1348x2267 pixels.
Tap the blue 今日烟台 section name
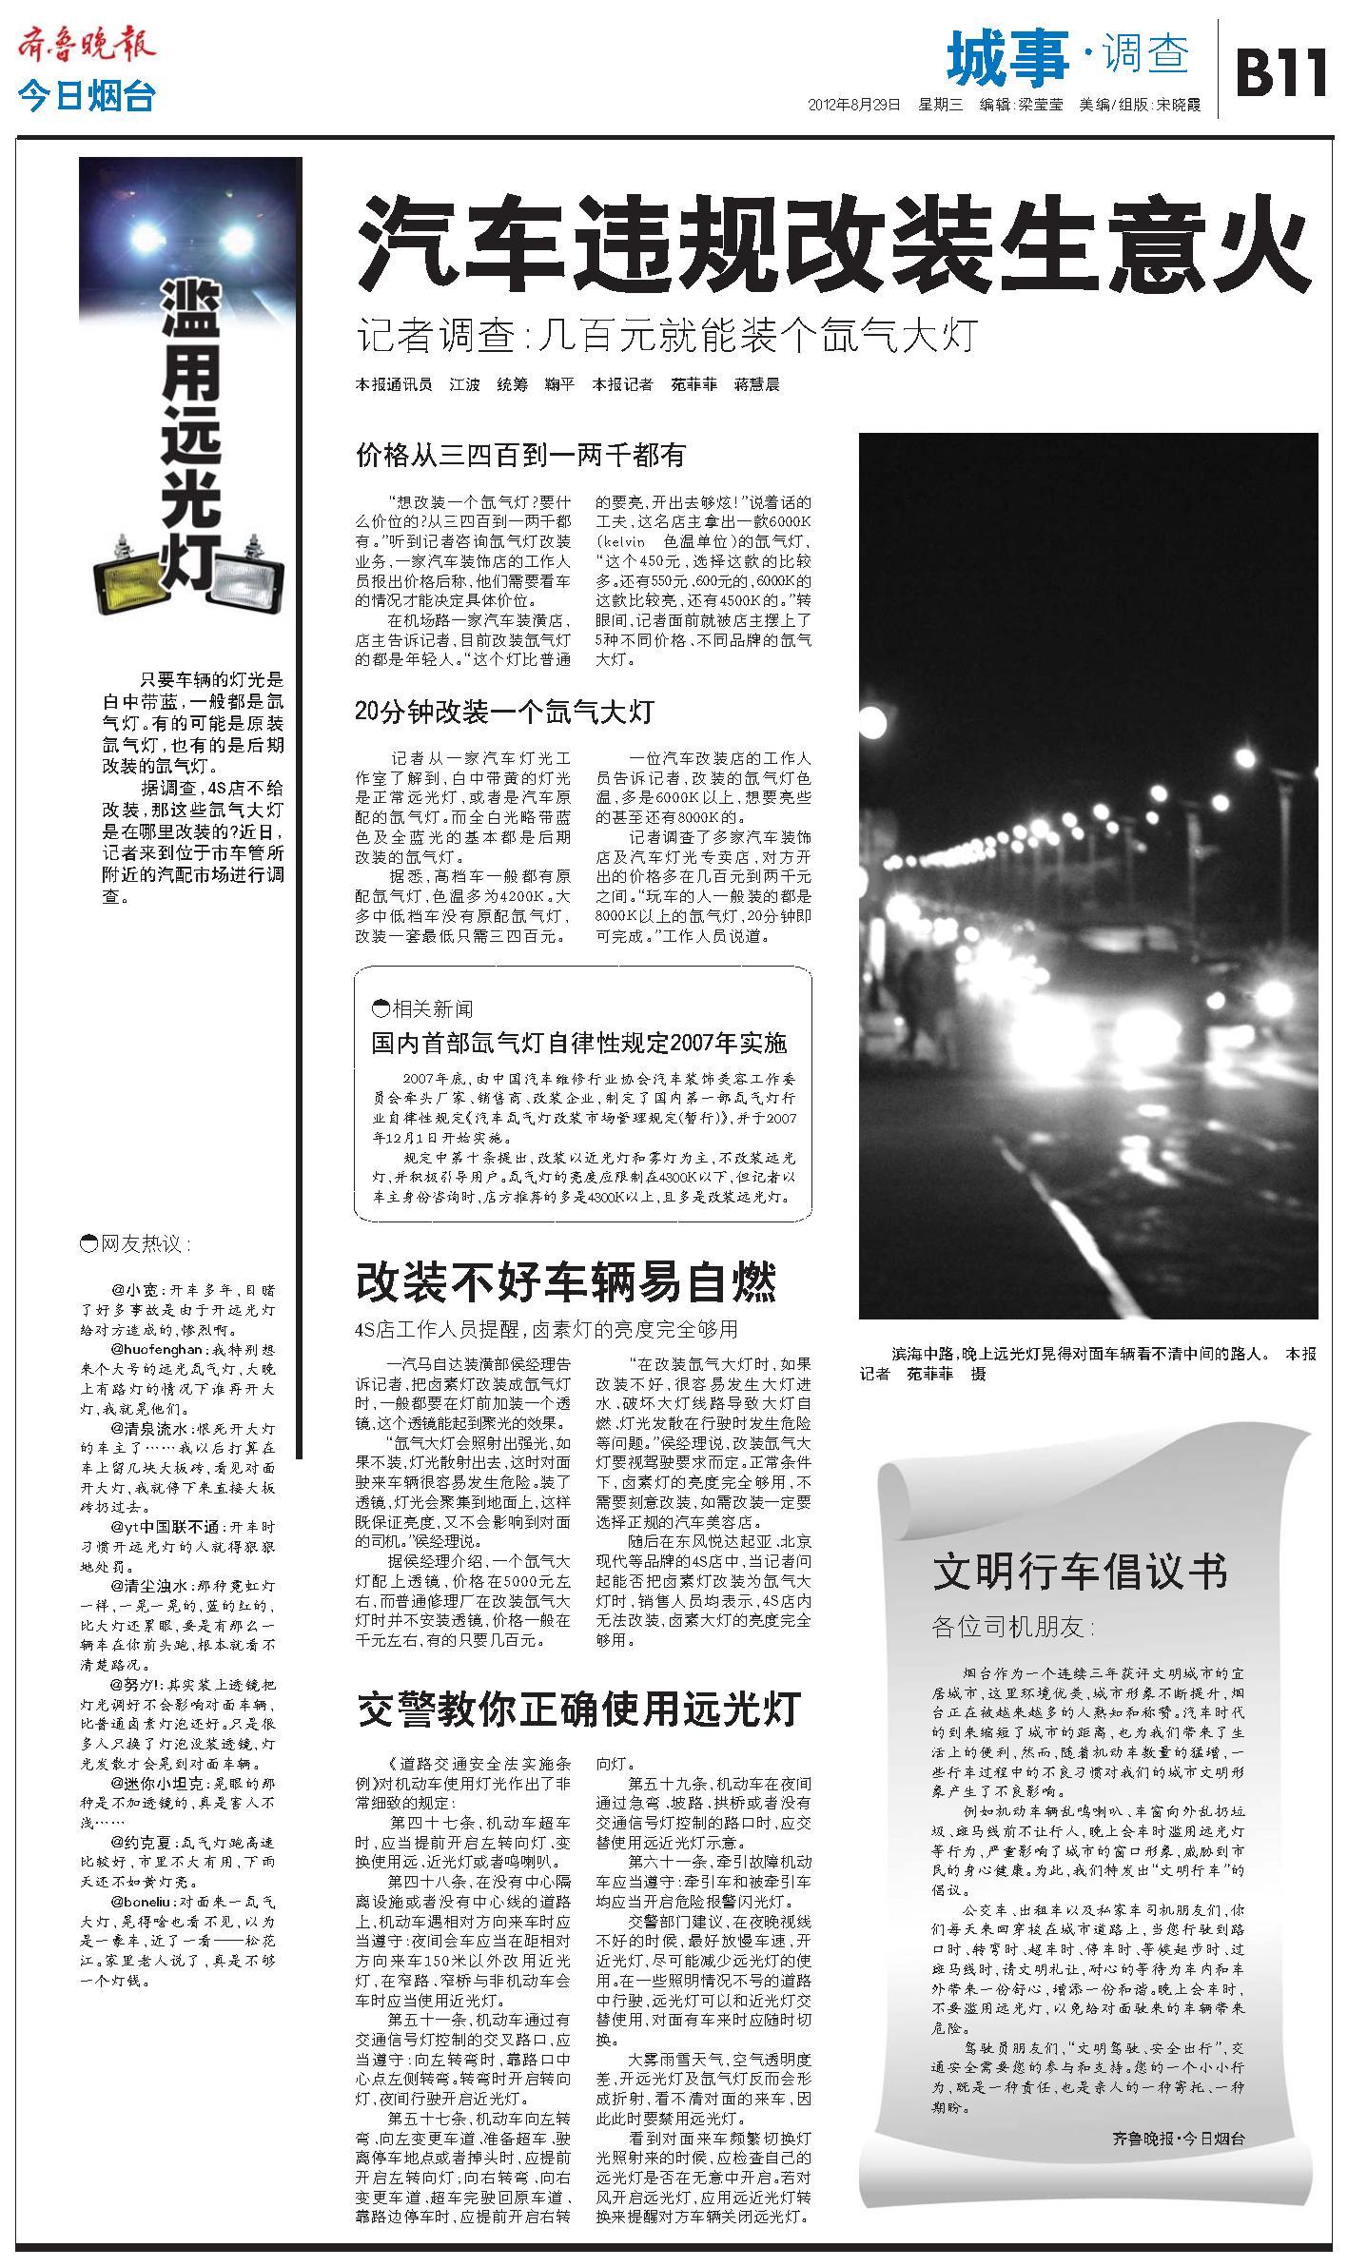coord(86,97)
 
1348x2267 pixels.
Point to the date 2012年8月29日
coord(853,106)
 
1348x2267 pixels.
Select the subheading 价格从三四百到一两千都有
coord(519,455)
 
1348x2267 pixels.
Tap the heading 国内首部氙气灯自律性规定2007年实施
coord(579,1044)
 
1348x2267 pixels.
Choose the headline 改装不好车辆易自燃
coord(566,1281)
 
